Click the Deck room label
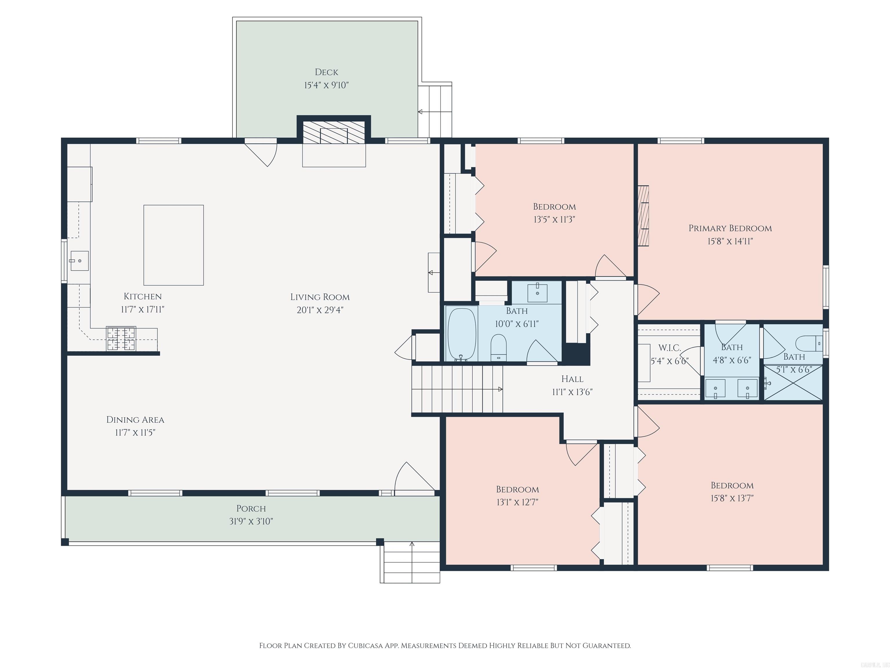326,72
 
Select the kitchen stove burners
121,338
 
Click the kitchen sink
79,261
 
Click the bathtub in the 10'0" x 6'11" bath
462,333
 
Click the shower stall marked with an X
793,382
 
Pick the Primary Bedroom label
730,228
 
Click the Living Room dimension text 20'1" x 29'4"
320,310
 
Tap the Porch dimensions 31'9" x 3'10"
251,521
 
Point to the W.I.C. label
670,348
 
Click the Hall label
572,379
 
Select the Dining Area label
135,420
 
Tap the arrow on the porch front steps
412,544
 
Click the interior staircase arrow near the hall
500,389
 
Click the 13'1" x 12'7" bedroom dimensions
517,502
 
